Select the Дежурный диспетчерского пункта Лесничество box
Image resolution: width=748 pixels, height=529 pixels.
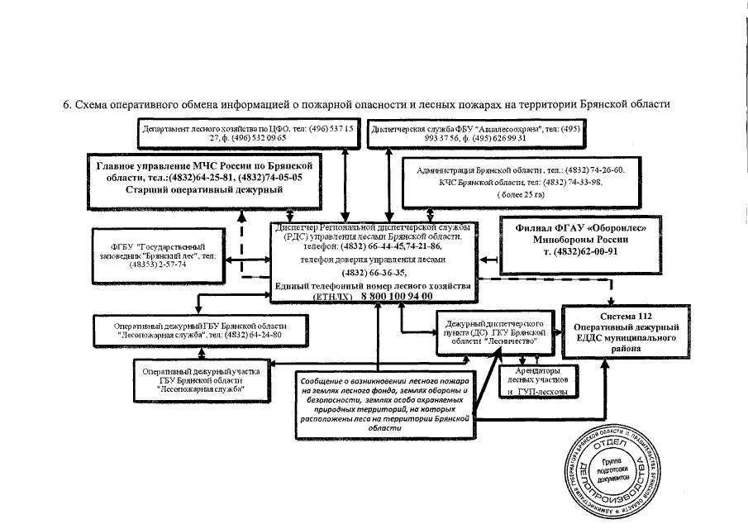click(494, 329)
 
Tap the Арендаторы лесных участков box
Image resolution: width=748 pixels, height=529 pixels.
click(537, 380)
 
